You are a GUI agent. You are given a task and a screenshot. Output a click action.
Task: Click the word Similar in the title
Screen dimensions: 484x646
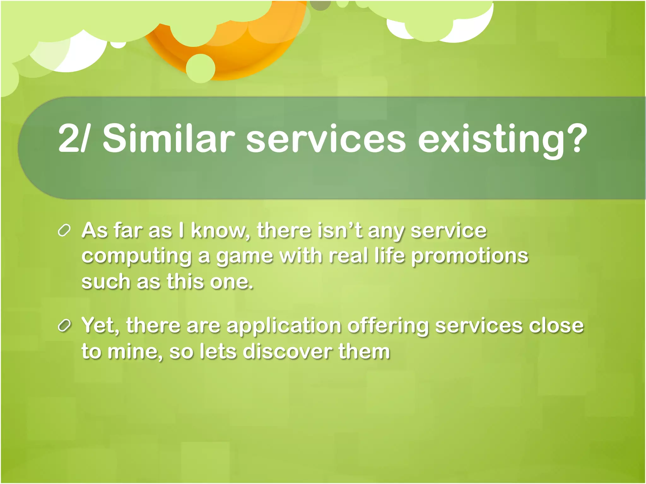pyautogui.click(x=168, y=139)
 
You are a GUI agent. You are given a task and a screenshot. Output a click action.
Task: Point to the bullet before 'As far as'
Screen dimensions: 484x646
pyautogui.click(x=64, y=231)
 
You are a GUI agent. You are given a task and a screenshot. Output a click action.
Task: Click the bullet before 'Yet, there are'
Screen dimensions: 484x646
pyautogui.click(x=64, y=326)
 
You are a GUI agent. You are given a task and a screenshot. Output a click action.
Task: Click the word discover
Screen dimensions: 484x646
pyautogui.click(x=287, y=351)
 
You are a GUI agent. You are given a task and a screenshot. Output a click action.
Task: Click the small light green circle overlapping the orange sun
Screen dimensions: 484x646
pyautogui.click(x=201, y=68)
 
